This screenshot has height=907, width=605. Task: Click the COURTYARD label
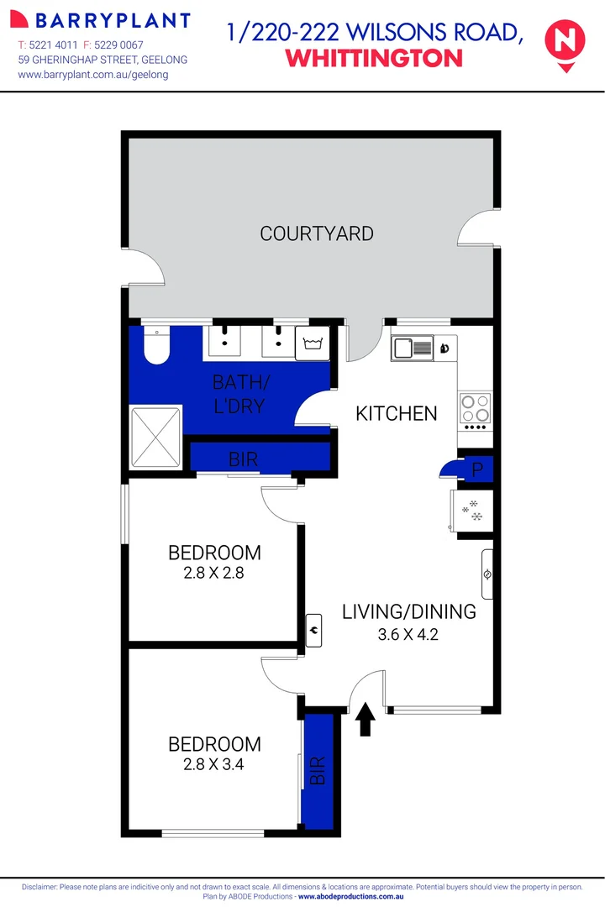pos(317,233)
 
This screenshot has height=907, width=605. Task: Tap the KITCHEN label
pos(397,413)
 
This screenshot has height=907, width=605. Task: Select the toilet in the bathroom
pos(156,347)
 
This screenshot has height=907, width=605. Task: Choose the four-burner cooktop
pos(475,408)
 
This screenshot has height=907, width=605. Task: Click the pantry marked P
pos(476,470)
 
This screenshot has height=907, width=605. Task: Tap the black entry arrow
pos(366,719)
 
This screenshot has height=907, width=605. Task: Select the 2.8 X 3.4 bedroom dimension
pos(214,764)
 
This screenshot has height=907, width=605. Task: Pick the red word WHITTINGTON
pos(374,58)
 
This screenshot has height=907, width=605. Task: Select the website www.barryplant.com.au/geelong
pos(93,75)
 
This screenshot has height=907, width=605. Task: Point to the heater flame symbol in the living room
pos(314,626)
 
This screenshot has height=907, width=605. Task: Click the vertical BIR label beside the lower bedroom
pos(318,770)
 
